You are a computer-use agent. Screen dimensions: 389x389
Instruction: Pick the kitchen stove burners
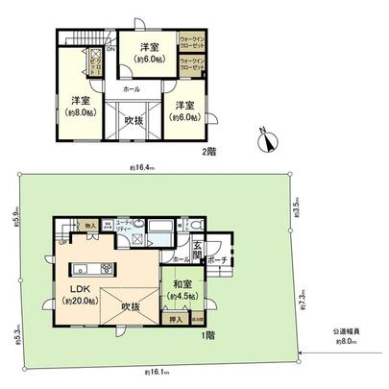click(x=106, y=268)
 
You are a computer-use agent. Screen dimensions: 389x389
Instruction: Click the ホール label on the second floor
click(x=128, y=87)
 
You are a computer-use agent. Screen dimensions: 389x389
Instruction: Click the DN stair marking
click(x=111, y=50)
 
